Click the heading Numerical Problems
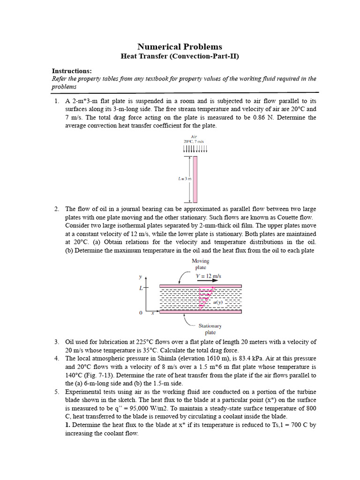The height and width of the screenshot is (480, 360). (x=180, y=46)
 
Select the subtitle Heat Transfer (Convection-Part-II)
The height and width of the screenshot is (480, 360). (x=180, y=57)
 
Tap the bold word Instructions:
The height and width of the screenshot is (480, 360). (x=72, y=71)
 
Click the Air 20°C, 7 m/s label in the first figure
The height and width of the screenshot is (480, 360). (x=194, y=139)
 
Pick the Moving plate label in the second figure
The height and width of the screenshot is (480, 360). (x=200, y=264)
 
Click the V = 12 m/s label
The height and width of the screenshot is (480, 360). (x=208, y=277)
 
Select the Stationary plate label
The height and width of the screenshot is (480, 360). (x=210, y=329)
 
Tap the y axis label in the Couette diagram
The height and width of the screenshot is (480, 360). (x=140, y=277)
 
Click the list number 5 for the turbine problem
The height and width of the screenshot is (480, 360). (x=56, y=391)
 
